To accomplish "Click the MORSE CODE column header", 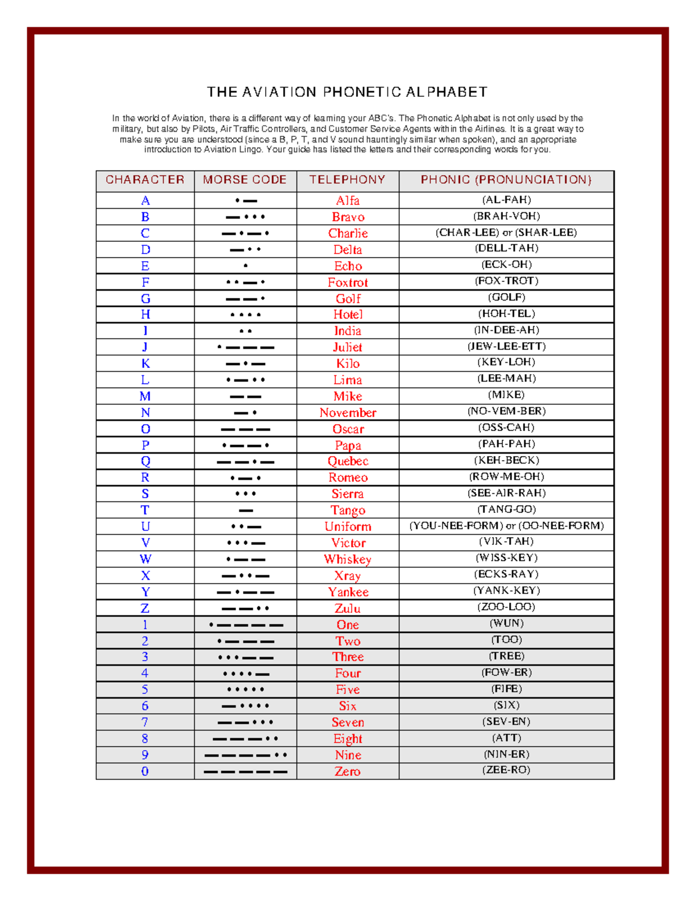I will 245,180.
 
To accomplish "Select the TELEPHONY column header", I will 347,180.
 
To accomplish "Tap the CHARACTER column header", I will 145,180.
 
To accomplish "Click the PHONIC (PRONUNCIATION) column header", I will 506,180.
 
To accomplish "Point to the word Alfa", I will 347,201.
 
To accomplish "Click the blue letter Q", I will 145,461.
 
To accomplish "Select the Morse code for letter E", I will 245,266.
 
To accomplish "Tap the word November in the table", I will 347,412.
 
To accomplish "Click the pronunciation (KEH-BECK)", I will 506,460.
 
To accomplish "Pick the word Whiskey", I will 347,559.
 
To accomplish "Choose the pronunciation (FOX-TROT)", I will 506,281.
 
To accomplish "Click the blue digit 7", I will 145,722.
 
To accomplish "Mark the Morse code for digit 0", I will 245,772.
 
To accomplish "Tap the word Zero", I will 347,772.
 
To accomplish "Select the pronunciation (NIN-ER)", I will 506,754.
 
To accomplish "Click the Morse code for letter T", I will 245,511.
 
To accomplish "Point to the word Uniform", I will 347,527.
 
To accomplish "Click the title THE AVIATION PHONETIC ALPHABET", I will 347,92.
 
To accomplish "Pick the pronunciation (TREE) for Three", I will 506,656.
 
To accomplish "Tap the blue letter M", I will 145,396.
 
